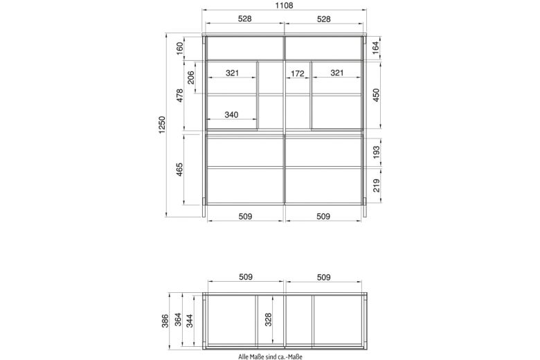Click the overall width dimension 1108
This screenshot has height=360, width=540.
284,5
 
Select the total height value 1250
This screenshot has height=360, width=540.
162,125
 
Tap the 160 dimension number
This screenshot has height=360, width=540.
180,48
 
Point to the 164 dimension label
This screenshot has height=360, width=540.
376,46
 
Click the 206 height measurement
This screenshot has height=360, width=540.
191,77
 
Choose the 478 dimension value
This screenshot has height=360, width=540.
180,96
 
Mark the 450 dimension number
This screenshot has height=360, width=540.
376,95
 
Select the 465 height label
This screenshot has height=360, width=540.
180,170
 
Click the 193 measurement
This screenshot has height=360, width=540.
376,152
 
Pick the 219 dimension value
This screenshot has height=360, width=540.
376,186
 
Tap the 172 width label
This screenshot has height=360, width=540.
298,73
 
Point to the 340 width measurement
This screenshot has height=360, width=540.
231,114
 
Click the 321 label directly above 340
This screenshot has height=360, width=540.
233,73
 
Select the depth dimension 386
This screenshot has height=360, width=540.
165,321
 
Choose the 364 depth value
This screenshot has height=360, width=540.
178,320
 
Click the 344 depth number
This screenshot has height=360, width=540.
189,321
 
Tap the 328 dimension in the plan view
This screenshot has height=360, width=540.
269,319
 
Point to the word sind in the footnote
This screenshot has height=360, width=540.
271,357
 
